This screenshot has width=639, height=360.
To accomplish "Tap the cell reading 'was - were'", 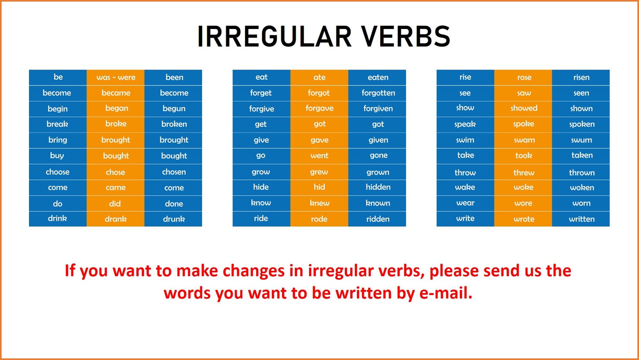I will tap(115, 77).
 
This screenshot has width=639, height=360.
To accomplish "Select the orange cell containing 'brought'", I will tap(115, 140).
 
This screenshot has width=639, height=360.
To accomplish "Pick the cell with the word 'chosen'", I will tap(174, 172).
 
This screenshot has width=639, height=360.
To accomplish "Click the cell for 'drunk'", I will tap(174, 219).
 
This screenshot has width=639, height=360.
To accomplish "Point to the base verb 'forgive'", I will tap(261, 109).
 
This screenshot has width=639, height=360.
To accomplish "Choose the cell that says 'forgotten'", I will tap(378, 93).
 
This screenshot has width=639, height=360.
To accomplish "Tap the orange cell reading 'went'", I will tap(319, 156).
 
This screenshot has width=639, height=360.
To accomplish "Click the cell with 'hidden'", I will tap(378, 187).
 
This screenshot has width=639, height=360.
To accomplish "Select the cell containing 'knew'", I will tap(319, 203).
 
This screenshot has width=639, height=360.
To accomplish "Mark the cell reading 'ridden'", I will tap(378, 219).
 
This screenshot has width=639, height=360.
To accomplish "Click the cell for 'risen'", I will tap(581, 77).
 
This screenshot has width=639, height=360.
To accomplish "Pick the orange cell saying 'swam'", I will tap(524, 140).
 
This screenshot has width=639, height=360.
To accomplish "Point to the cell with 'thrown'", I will tap(581, 173).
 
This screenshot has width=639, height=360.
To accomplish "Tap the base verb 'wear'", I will tap(465, 203).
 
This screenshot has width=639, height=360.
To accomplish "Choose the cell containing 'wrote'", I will tap(524, 219).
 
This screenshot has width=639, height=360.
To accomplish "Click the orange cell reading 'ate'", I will tap(319, 77).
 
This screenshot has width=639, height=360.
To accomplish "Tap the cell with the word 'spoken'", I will tap(581, 124).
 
